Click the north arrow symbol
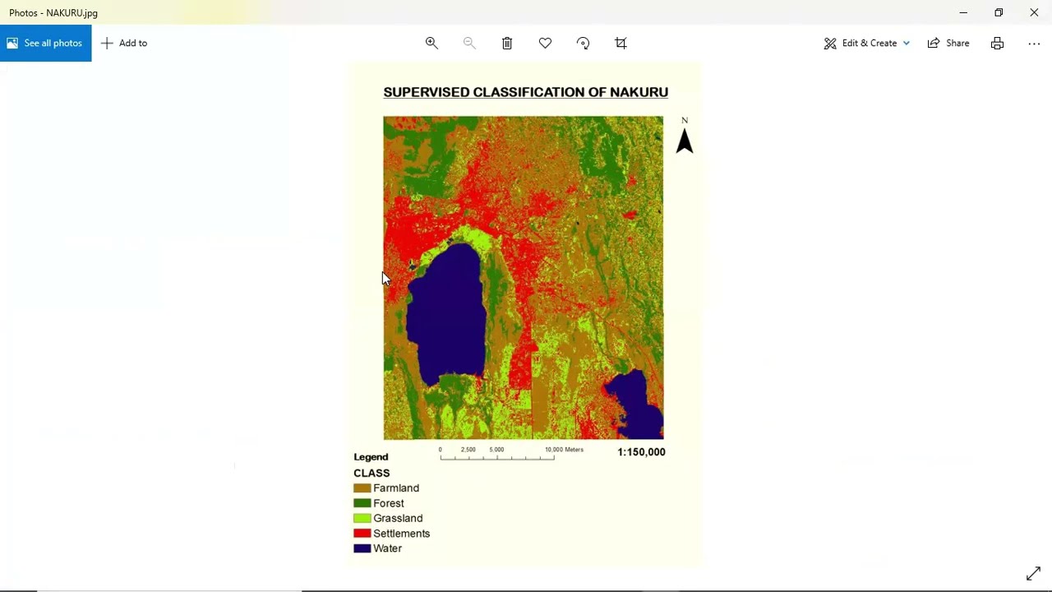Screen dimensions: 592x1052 coord(684,141)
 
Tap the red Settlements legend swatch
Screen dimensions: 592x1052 coord(362,534)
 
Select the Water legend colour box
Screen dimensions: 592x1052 coord(362,548)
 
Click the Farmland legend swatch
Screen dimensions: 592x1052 coord(362,488)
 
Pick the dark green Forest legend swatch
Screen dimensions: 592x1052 coord(362,503)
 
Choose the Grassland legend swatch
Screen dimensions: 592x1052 coord(362,519)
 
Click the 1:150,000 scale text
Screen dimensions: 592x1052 coord(641,452)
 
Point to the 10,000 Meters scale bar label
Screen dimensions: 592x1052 coord(564,450)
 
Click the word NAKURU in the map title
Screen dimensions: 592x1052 coord(639,92)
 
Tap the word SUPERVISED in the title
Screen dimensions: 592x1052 coord(427,92)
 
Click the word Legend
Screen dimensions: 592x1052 coord(371,457)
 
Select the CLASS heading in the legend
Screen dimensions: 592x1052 coord(371,474)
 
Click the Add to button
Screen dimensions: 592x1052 coord(124,43)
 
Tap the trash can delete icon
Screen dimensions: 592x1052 coord(507,43)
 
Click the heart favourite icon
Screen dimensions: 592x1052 coord(545,43)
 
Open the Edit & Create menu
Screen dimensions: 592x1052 coord(867,43)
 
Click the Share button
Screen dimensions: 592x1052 coord(948,43)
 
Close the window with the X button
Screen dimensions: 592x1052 coord(1034,12)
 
